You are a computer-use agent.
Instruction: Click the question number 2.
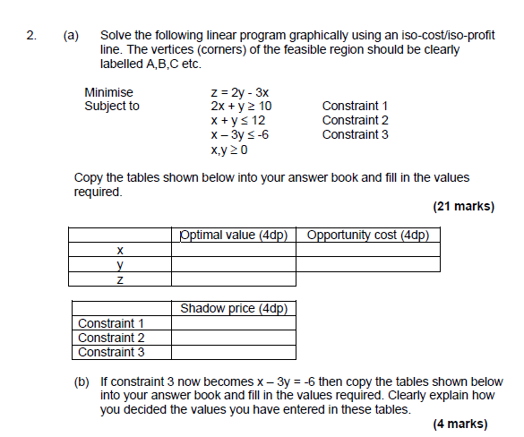(x=30, y=36)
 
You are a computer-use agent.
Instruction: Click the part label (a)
(x=71, y=36)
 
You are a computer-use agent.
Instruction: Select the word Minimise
(x=108, y=92)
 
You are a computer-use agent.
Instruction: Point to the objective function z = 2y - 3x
(x=240, y=92)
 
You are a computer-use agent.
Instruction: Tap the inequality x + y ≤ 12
(x=238, y=120)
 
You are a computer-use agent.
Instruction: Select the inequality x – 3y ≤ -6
(x=240, y=134)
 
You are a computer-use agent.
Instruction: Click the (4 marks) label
(x=460, y=424)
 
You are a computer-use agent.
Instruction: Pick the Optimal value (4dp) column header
(x=233, y=236)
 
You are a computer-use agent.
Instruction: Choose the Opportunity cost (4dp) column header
(x=367, y=236)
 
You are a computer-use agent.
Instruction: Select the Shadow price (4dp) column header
(x=233, y=309)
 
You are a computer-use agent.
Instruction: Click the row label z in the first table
(x=119, y=279)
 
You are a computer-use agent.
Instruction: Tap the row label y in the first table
(x=119, y=265)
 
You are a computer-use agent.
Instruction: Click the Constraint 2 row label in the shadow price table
(x=111, y=338)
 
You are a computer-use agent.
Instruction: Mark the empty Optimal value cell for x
(x=233, y=251)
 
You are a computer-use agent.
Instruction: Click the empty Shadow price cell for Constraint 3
(x=233, y=352)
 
